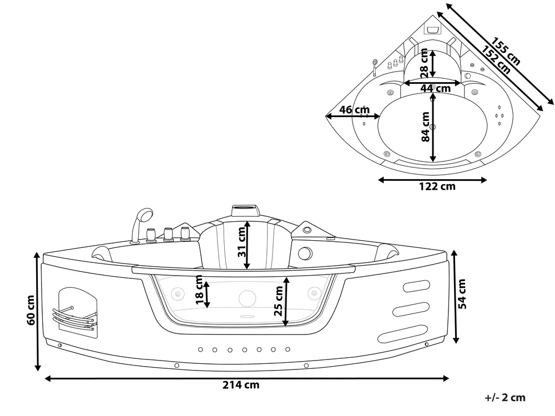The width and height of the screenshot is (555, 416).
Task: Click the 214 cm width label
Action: (x=241, y=385)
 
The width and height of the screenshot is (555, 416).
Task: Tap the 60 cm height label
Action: (x=31, y=310)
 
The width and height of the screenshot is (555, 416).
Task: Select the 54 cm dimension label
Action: (x=462, y=294)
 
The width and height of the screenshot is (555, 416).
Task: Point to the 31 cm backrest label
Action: (x=241, y=243)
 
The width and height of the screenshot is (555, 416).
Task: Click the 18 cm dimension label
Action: (x=199, y=290)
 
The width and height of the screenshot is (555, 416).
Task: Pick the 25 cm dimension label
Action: (x=279, y=301)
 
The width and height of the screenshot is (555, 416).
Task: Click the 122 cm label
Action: (x=437, y=186)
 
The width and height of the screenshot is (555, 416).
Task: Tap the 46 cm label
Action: (x=354, y=110)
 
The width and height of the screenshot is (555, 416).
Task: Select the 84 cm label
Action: (x=426, y=127)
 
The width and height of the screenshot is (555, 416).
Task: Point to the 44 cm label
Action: (x=435, y=88)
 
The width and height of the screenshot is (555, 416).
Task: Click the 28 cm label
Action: (x=424, y=63)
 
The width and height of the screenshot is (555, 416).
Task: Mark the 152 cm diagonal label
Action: (x=496, y=60)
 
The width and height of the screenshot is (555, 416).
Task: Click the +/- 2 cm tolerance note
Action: (x=505, y=398)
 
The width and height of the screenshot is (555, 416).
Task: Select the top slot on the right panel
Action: (x=417, y=286)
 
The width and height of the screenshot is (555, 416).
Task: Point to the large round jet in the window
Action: (x=248, y=298)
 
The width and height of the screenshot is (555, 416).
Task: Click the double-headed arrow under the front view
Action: (x=247, y=378)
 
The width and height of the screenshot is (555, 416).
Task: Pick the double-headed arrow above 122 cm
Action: (x=432, y=180)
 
